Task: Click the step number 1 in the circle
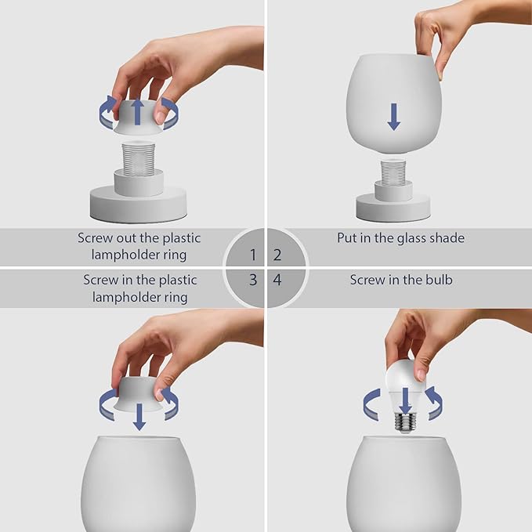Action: point(252,255)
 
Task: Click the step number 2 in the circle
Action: point(277,255)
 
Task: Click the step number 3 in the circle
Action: point(252,280)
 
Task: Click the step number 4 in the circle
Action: point(277,280)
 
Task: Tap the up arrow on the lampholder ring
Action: point(138,111)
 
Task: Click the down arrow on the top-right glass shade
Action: point(393,117)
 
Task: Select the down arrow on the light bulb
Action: point(405,400)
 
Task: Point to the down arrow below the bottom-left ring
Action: point(139,417)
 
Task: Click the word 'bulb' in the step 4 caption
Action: point(436,280)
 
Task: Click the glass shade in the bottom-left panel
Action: point(139,486)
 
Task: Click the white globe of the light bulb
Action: point(404,380)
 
